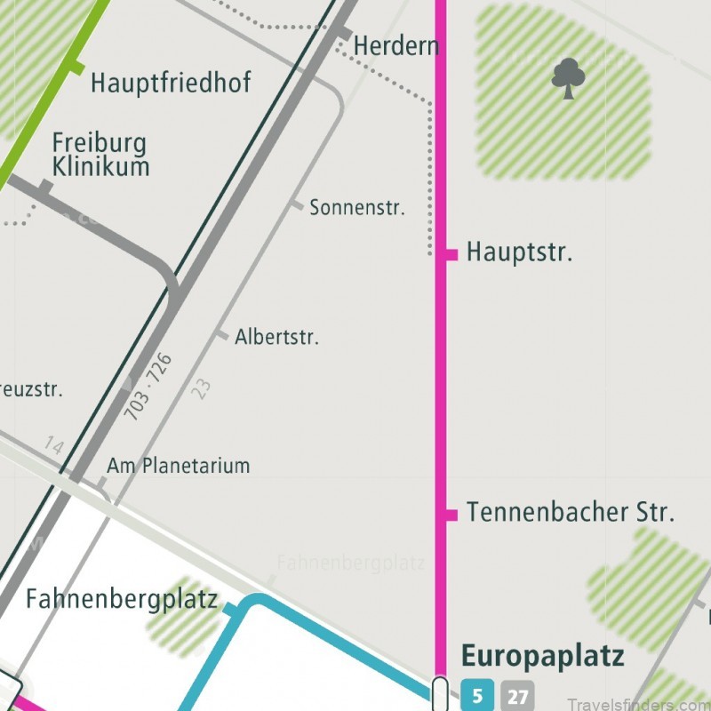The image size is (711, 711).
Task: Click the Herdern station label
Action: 396,45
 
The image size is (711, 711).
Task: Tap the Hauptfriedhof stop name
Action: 171,84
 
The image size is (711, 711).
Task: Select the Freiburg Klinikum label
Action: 100,155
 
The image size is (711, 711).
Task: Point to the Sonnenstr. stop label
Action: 356,209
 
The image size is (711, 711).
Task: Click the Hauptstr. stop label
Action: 519,252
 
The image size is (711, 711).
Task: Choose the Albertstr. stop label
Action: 276,338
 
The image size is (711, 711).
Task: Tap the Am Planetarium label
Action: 178,466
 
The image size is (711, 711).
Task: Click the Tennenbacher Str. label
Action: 571,513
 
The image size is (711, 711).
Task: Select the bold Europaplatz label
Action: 542,657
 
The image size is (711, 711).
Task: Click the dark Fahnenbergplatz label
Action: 122,599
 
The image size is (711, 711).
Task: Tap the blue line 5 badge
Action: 475,695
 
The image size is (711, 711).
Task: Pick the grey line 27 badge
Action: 517,695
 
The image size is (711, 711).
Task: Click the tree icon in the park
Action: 568,78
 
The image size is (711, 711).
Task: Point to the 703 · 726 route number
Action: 148,387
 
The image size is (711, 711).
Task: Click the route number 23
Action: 203,388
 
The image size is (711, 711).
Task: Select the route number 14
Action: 53,445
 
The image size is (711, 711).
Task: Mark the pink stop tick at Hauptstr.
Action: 450,255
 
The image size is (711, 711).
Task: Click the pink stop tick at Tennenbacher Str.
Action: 450,515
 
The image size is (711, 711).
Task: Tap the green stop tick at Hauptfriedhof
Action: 76,67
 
